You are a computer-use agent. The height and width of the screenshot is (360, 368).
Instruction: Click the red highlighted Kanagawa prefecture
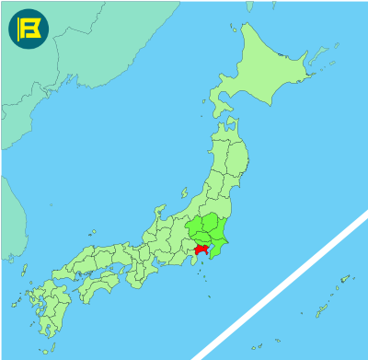[x=201, y=249]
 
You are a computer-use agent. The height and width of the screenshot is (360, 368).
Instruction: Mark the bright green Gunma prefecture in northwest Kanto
[x=190, y=226]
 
